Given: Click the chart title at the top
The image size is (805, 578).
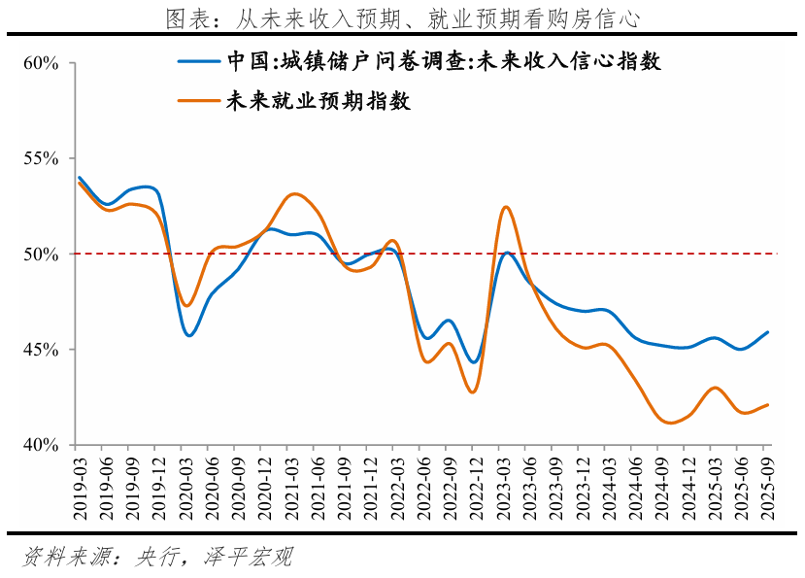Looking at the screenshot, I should [402, 17].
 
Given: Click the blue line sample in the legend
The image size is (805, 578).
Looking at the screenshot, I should [198, 62].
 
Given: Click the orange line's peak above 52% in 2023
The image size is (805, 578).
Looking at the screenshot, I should [506, 207].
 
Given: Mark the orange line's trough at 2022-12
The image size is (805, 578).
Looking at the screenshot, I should [473, 391].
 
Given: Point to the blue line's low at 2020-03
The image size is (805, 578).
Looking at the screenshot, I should [188, 335].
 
